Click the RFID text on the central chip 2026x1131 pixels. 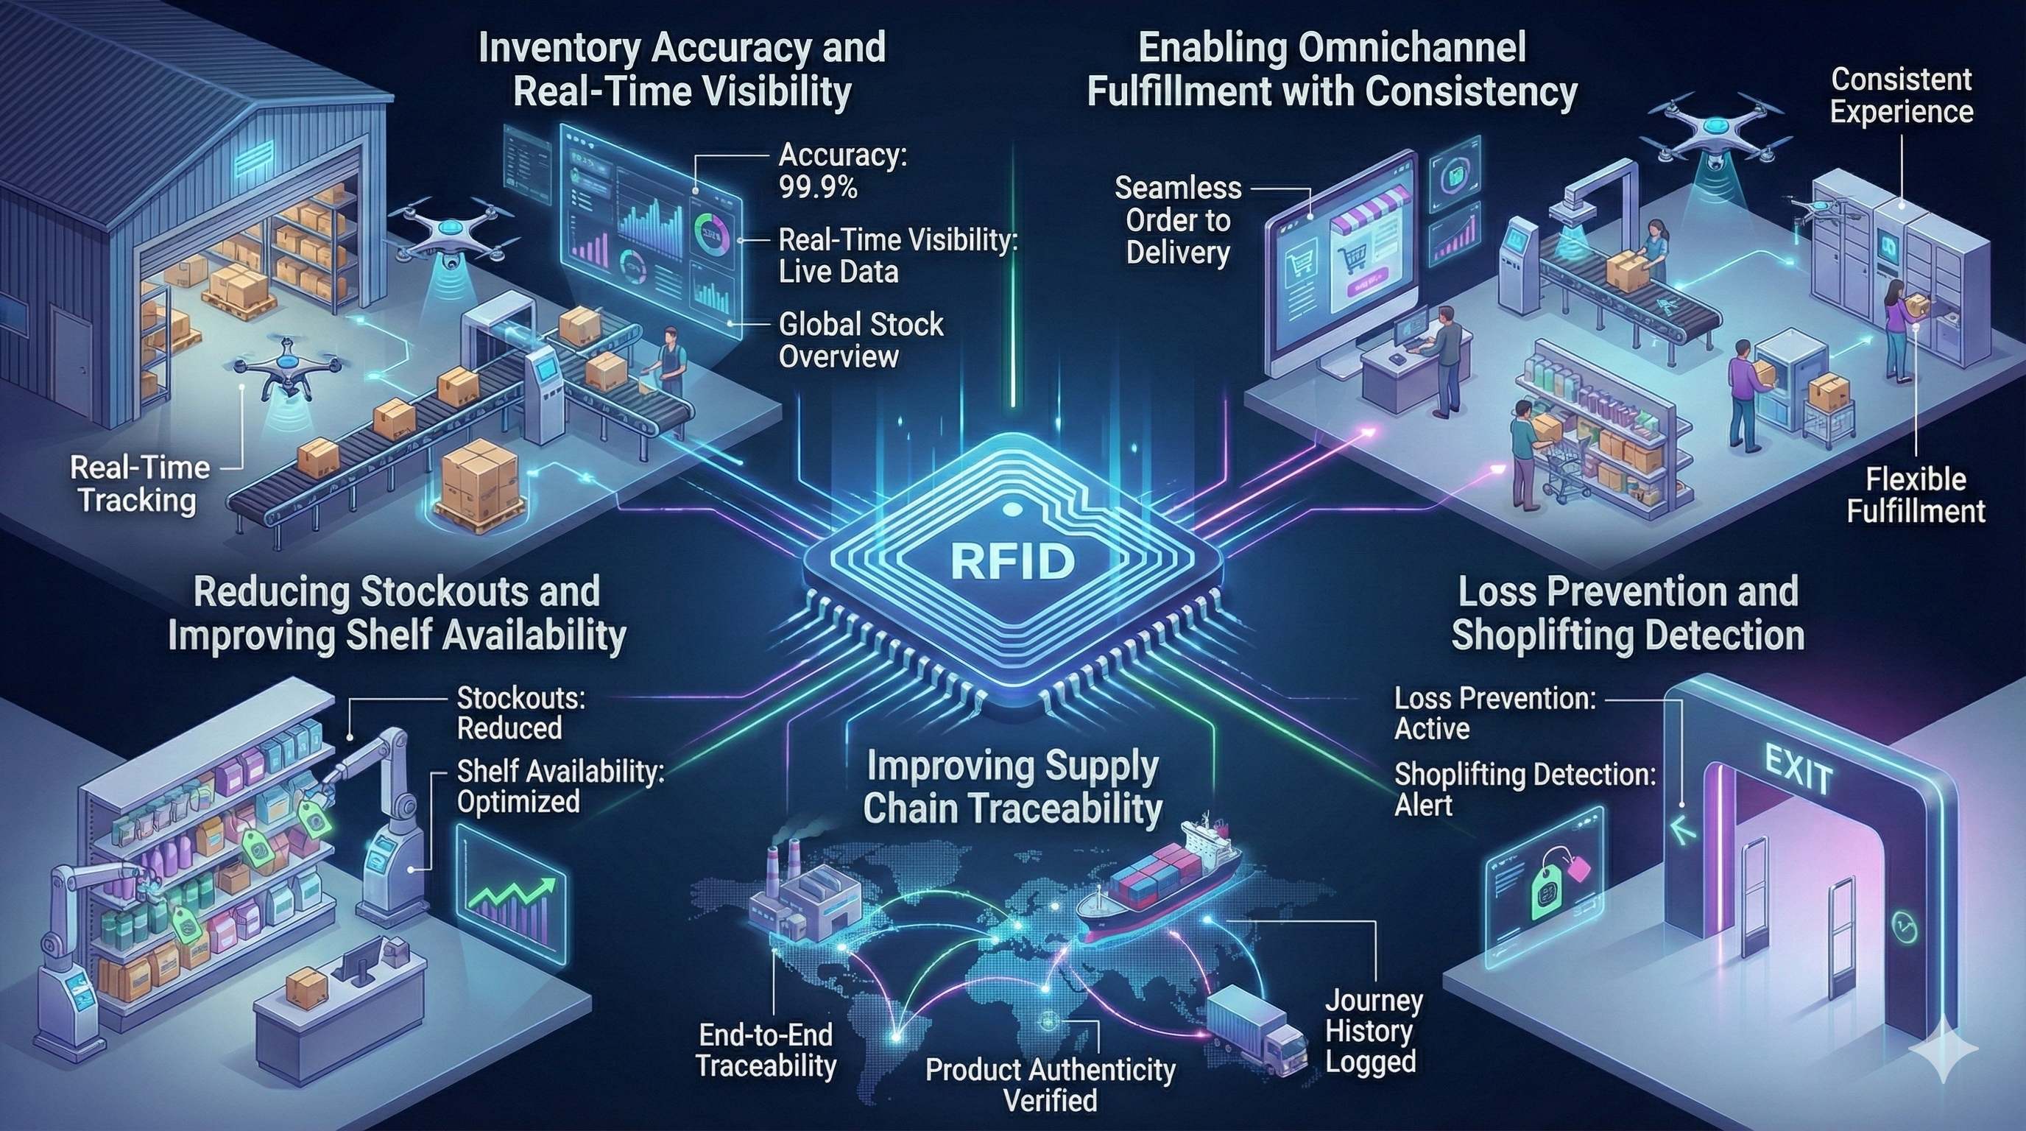(1012, 560)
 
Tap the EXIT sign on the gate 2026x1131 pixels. (1799, 769)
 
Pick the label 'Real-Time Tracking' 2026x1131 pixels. (139, 484)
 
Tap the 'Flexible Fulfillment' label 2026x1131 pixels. (1915, 495)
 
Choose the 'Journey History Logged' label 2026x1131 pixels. (1373, 1031)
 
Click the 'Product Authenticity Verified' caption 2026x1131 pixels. (1051, 1085)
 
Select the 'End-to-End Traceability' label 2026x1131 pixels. (766, 1050)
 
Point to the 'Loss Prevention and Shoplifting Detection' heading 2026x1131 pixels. (1628, 613)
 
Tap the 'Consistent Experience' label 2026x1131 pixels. (1902, 95)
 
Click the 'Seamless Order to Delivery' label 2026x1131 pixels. (1177, 220)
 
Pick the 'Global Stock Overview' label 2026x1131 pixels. (861, 339)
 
